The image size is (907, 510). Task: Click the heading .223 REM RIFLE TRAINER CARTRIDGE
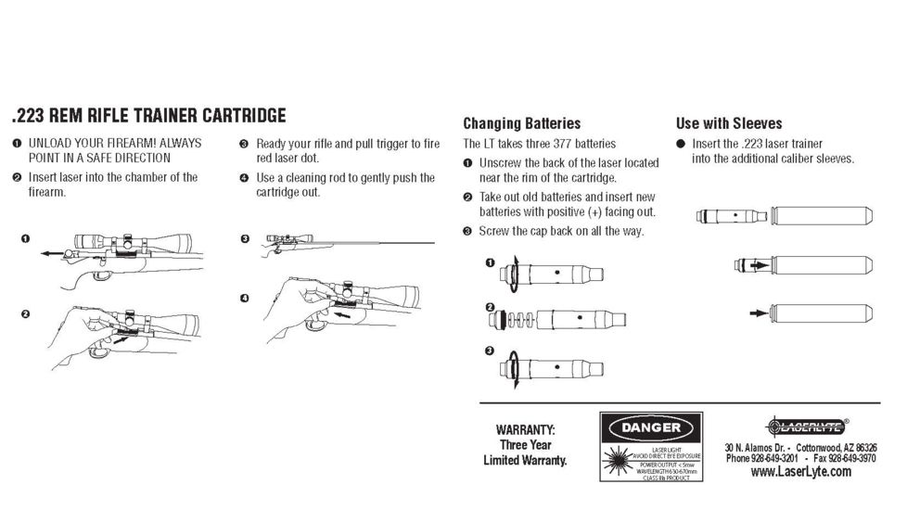click(x=148, y=116)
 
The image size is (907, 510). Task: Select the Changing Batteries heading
click(x=521, y=123)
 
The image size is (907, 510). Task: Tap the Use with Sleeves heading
click(x=728, y=123)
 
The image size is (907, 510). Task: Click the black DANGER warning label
click(x=650, y=427)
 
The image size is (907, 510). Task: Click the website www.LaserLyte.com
click(x=800, y=472)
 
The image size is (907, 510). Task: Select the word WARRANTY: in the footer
click(x=525, y=430)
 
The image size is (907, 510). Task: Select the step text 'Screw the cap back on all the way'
click(x=560, y=231)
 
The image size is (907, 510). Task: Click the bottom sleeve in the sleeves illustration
click(x=822, y=312)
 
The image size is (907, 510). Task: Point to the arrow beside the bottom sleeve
click(x=758, y=312)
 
